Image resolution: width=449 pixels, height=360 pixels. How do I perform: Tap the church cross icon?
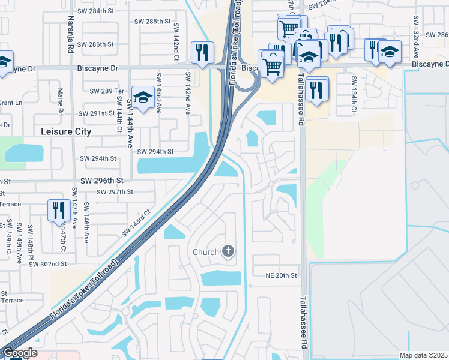(x=228, y=251)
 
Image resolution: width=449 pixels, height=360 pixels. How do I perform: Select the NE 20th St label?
(x=282, y=275)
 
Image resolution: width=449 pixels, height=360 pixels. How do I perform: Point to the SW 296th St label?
(x=102, y=180)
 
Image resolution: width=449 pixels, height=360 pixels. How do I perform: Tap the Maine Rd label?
(x=61, y=102)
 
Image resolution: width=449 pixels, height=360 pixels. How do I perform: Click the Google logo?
(x=19, y=353)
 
